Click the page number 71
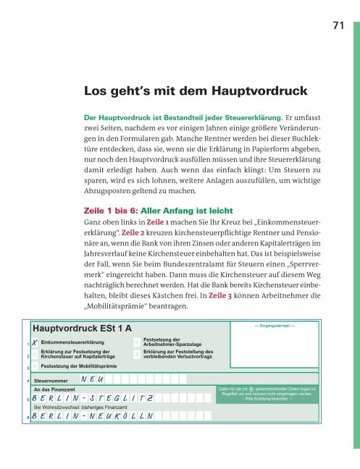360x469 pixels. tap(336, 26)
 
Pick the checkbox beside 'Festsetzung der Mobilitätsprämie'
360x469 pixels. tap(35, 367)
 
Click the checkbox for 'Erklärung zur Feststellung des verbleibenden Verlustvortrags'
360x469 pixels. tap(138, 354)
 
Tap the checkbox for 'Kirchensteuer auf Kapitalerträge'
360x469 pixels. tap(35, 355)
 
